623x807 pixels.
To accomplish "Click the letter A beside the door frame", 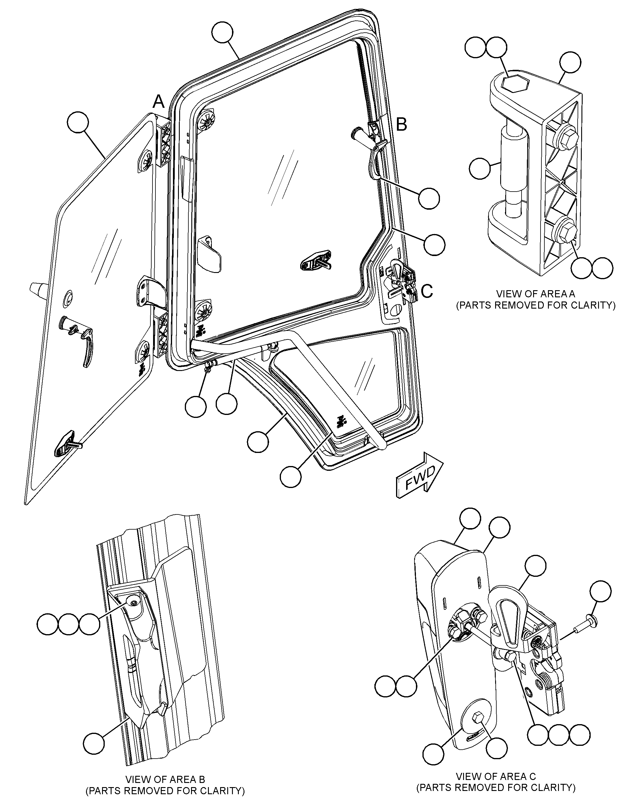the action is (159, 101).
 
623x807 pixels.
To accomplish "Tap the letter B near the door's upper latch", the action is (402, 124).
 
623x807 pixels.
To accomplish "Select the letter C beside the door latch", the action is (427, 292).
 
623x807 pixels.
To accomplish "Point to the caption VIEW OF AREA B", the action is (165, 780).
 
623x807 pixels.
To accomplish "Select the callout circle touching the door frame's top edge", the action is (223, 33).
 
